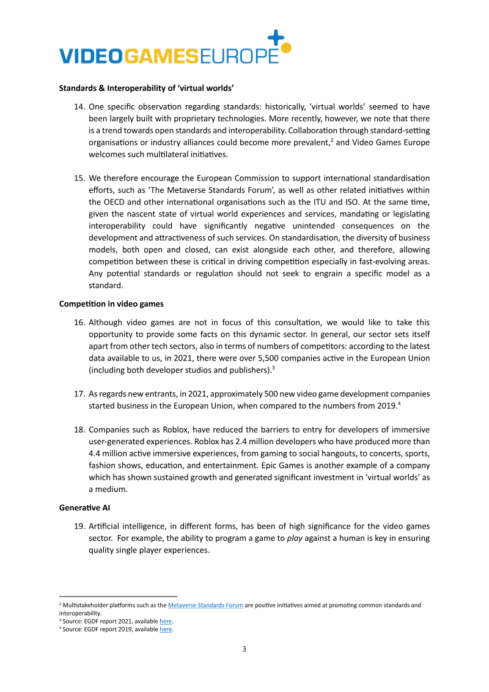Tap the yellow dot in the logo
point(286,47)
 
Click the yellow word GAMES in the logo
point(161,56)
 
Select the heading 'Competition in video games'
point(111,304)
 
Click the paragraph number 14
point(79,107)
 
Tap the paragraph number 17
point(79,393)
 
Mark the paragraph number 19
point(79,526)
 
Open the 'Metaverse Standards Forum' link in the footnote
point(205,605)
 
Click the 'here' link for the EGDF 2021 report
point(166,621)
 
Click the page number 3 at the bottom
point(244,649)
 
